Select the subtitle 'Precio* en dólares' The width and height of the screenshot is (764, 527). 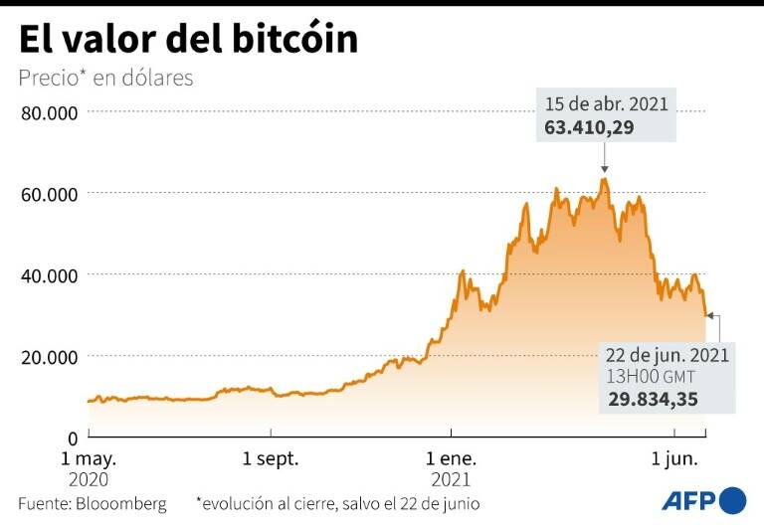tap(105, 78)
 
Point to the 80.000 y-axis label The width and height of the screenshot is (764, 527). tap(49, 112)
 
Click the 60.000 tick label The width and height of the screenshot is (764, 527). tap(49, 194)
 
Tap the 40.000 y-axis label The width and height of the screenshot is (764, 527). tap(49, 275)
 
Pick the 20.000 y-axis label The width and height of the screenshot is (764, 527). tap(49, 357)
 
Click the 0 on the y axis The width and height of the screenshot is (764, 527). tap(73, 438)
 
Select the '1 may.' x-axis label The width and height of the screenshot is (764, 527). tap(89, 459)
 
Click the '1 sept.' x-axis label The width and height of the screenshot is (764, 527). tap(271, 459)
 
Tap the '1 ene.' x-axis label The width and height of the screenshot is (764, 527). tap(451, 459)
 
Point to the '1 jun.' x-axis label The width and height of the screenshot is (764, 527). tap(674, 459)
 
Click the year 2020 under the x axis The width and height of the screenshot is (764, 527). tap(89, 479)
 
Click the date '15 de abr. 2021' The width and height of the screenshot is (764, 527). tap(607, 103)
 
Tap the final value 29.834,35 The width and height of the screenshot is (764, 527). tap(653, 400)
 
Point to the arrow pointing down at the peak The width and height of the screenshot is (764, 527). tap(604, 159)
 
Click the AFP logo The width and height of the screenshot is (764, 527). tap(702, 499)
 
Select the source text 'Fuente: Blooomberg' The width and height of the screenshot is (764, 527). tap(93, 503)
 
